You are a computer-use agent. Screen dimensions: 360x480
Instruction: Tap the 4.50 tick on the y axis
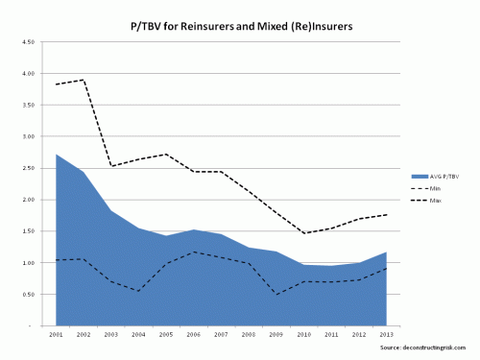(29, 42)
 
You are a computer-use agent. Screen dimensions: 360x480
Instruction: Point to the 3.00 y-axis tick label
(29, 137)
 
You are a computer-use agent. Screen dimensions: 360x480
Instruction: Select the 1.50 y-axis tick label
(29, 231)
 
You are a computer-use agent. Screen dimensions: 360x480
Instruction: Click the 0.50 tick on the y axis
(29, 295)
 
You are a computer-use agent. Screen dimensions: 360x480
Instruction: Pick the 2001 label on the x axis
(57, 335)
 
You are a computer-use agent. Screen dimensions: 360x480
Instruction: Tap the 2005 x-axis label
(167, 335)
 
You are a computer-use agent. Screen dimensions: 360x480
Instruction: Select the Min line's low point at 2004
(139, 291)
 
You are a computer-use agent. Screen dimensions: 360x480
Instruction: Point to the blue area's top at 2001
(57, 155)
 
